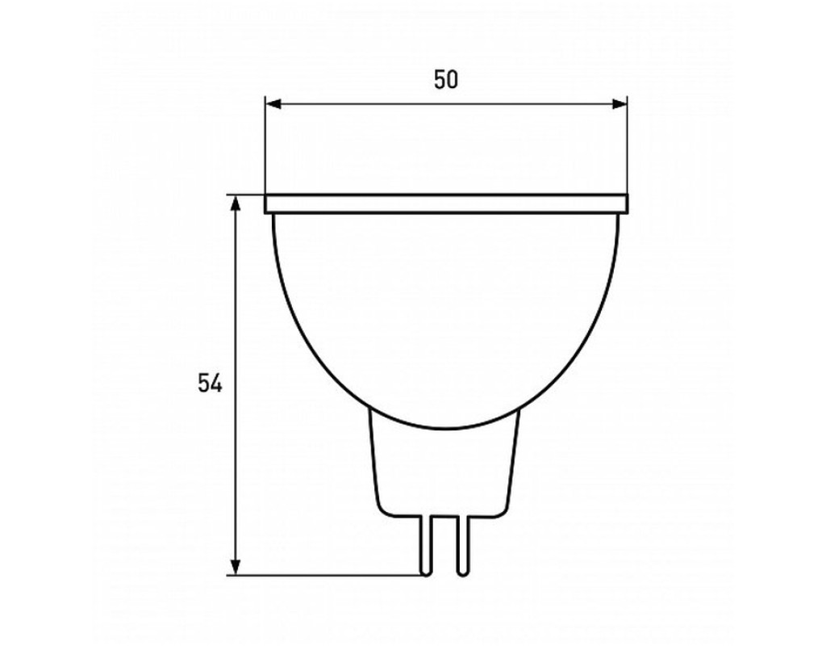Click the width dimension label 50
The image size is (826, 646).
[x=446, y=80]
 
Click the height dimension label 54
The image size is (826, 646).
[x=211, y=383]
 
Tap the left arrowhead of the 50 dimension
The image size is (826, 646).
[x=273, y=104]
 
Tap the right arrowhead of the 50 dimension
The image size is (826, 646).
[x=619, y=104]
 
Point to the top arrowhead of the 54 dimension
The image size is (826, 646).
[x=236, y=203]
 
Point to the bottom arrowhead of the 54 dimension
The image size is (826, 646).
[x=236, y=566]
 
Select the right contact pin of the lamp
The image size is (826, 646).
[x=462, y=545]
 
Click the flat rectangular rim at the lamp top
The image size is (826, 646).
[x=446, y=204]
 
